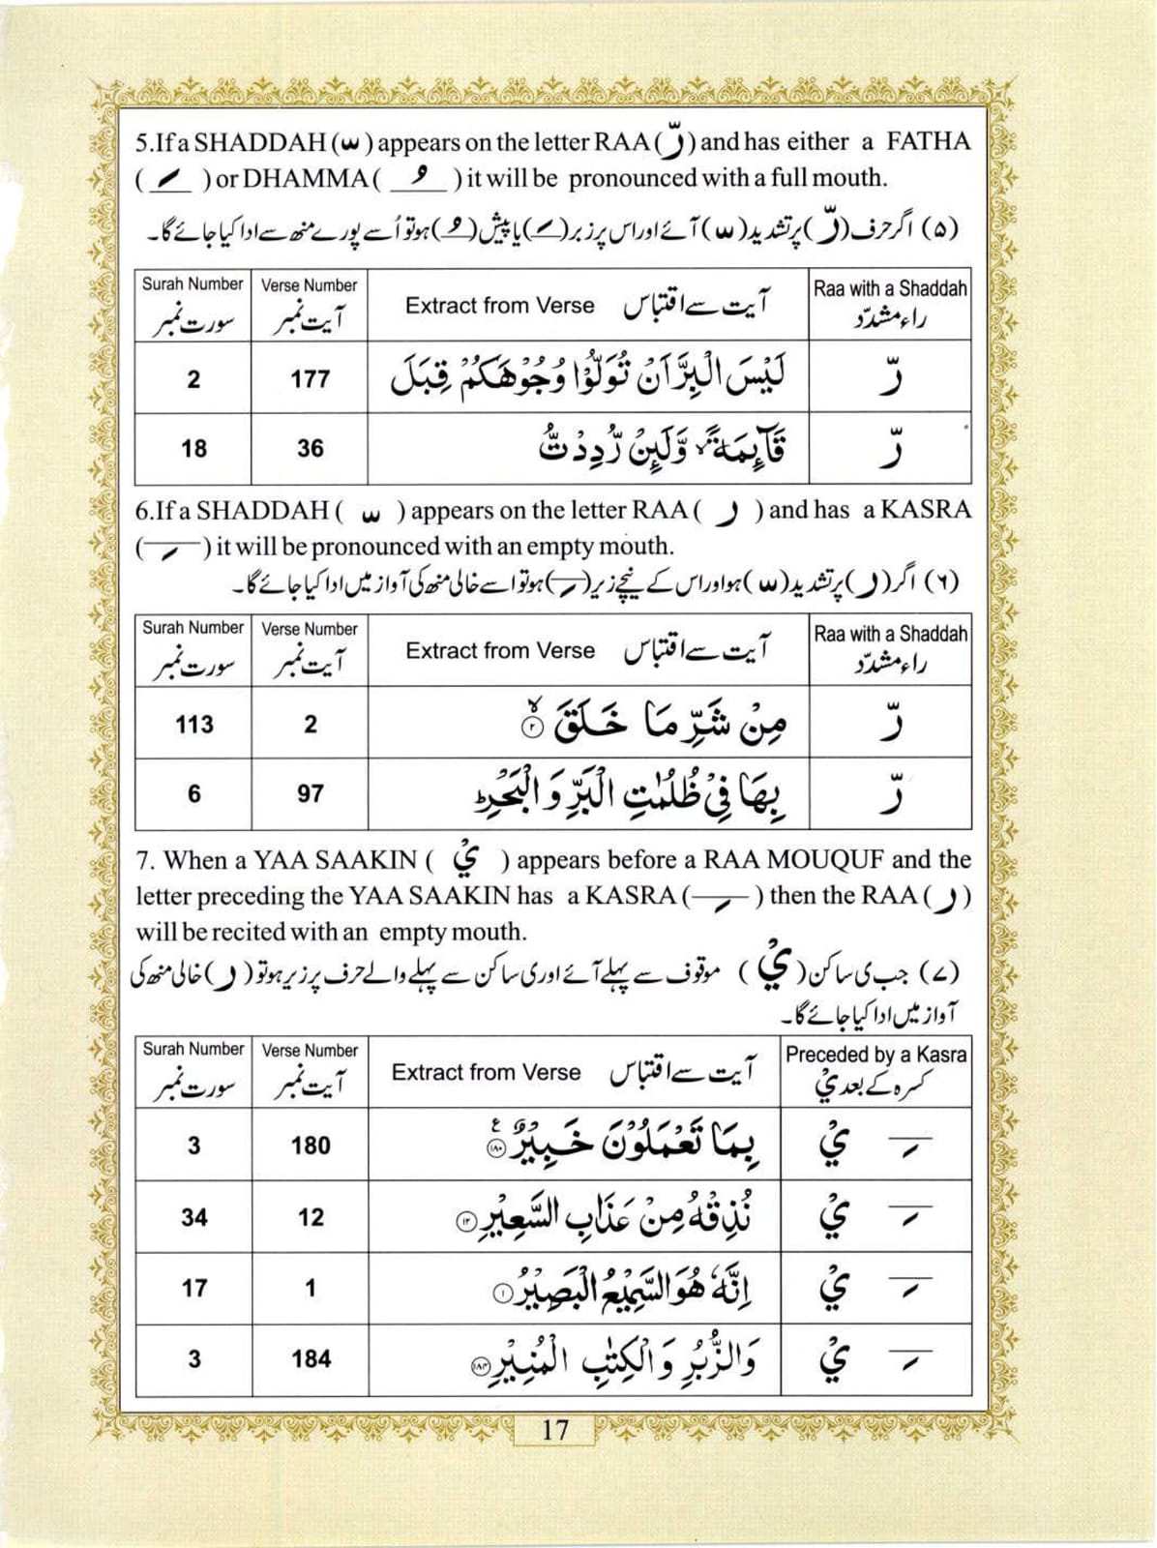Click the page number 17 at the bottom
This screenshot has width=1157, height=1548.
555,1430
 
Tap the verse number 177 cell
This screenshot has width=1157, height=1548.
310,379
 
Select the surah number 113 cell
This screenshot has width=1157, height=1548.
193,724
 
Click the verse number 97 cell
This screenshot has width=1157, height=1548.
310,794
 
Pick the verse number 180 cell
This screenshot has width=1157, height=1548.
311,1146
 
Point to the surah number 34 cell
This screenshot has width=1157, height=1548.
193,1217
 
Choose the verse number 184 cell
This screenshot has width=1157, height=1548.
311,1359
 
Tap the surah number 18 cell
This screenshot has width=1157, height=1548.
193,449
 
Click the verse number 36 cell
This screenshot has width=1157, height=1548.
310,449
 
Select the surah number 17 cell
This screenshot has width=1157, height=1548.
193,1289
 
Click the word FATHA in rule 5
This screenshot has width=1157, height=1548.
928,142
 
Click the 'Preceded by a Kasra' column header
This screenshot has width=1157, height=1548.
875,1055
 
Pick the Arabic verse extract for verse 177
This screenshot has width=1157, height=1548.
588,379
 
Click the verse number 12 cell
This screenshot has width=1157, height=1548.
311,1217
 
